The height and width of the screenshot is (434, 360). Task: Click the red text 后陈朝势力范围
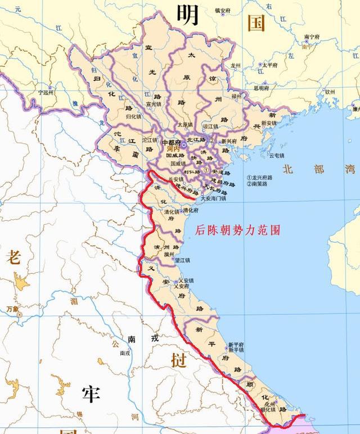(x=237, y=230)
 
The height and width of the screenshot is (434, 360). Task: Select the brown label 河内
(x=181, y=150)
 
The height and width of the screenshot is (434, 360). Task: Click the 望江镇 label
(x=182, y=260)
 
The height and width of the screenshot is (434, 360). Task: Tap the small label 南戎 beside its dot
(x=125, y=353)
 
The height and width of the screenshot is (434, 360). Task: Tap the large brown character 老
(x=13, y=258)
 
